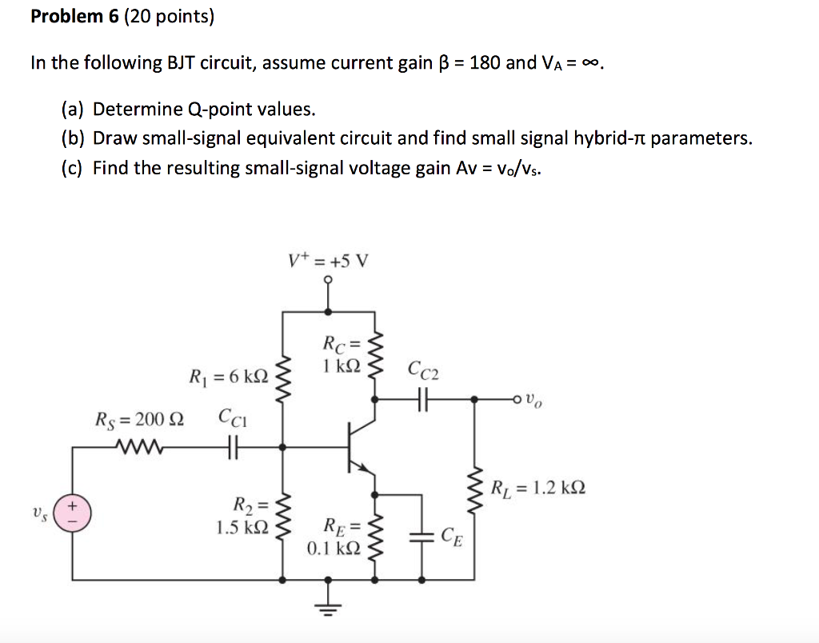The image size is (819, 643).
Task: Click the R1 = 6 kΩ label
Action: (x=227, y=376)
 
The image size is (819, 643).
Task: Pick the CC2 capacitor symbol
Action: (x=424, y=397)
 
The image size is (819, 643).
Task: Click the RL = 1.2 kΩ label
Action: (x=537, y=487)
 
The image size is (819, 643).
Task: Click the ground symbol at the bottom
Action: (x=329, y=608)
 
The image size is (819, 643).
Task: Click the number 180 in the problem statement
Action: (x=485, y=63)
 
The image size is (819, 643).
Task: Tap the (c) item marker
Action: (x=74, y=168)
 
